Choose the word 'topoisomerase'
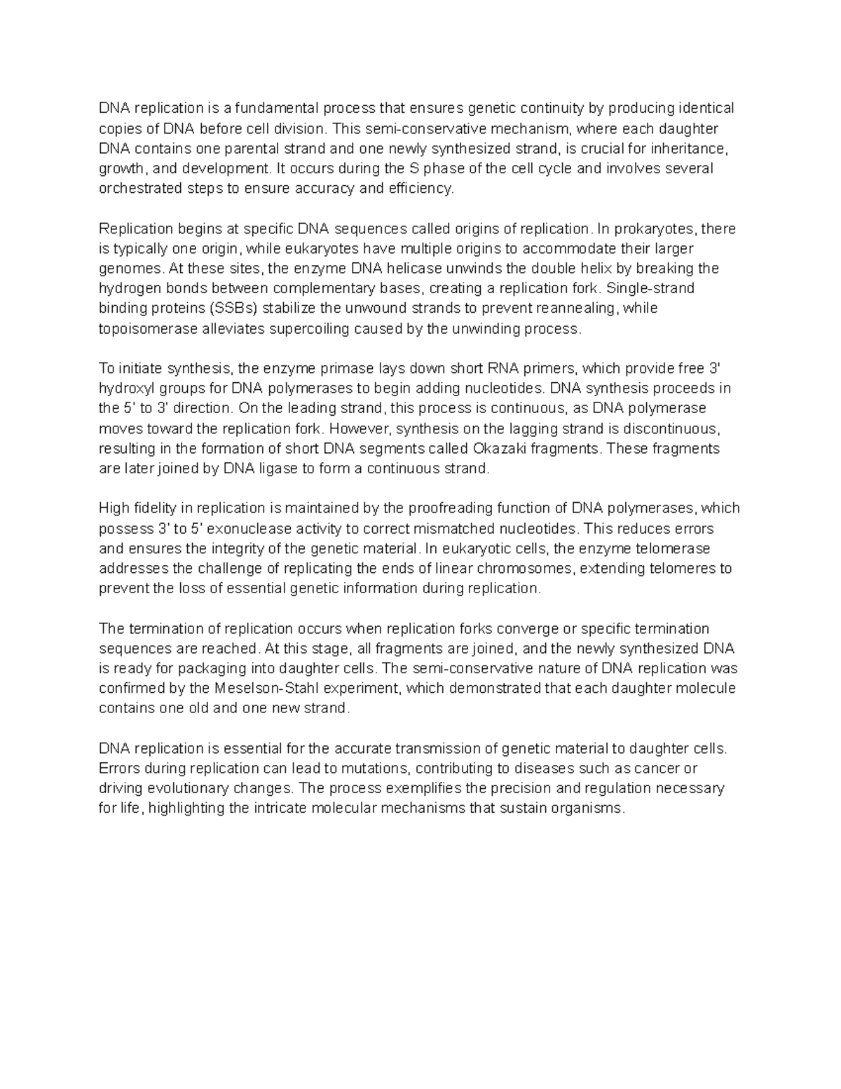tap(145, 329)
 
